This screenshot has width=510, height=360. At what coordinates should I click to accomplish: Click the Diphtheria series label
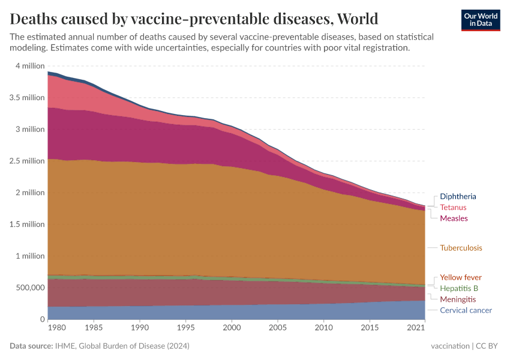coord(458,196)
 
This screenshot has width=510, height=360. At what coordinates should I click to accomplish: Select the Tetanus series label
coord(453,207)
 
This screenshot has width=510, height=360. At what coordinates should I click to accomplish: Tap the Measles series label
coord(454,218)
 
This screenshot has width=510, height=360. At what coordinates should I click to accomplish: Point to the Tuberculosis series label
coord(461,248)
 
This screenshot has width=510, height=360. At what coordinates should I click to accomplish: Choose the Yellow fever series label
coord(460,277)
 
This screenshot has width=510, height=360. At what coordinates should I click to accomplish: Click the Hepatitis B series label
coord(459,288)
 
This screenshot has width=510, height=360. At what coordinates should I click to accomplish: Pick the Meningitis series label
coord(458,299)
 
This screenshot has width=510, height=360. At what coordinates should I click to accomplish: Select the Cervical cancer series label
coord(466,310)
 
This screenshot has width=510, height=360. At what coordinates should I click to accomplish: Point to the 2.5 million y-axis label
coord(27,161)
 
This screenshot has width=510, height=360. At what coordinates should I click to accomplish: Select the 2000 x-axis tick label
coord(232,328)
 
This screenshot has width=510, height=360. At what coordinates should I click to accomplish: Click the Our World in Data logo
coord(481,19)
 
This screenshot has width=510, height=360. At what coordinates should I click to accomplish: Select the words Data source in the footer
coord(31,346)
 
